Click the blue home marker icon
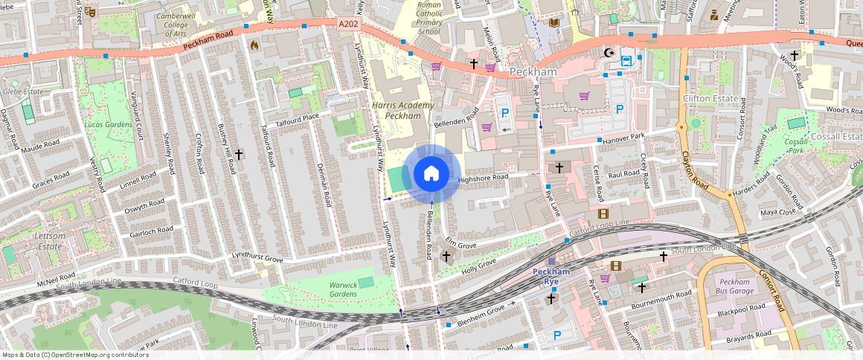[431, 174]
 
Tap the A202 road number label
[347, 24]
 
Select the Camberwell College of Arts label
[176, 25]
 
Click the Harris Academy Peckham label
[402, 111]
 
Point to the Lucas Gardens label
[103, 124]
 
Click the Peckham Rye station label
[551, 276]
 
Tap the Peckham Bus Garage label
[735, 286]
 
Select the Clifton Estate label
[710, 99]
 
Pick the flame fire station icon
[254, 45]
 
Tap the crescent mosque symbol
[610, 53]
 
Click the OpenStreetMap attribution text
[75, 355]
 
